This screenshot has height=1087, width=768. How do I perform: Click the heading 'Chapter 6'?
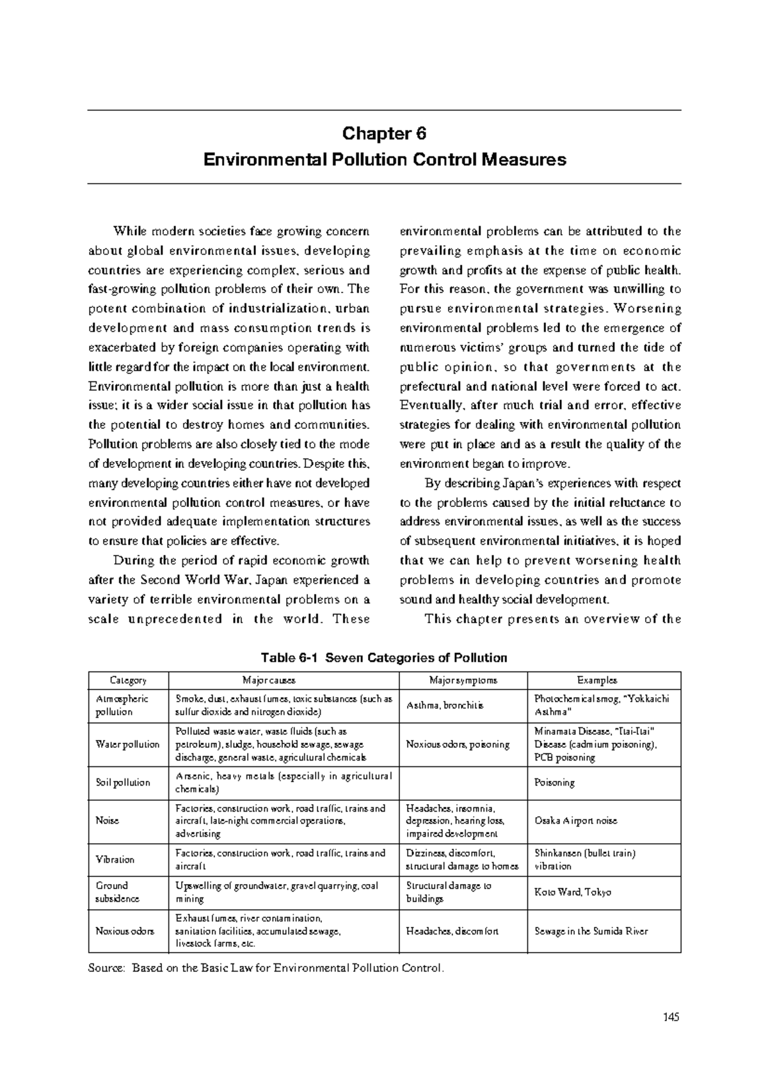click(x=384, y=134)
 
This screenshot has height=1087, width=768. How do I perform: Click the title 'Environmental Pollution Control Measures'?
click(x=384, y=159)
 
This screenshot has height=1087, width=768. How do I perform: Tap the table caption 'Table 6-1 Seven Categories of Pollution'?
click(x=384, y=657)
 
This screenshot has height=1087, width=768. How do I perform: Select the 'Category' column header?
click(x=128, y=680)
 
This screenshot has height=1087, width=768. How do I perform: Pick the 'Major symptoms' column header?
click(x=463, y=680)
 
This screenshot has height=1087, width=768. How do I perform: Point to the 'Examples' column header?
click(x=596, y=680)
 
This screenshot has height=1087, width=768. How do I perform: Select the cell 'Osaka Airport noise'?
click(x=575, y=821)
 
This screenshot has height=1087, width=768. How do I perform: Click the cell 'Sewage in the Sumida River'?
click(x=591, y=931)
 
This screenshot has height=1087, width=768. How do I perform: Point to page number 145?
click(x=671, y=1017)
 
